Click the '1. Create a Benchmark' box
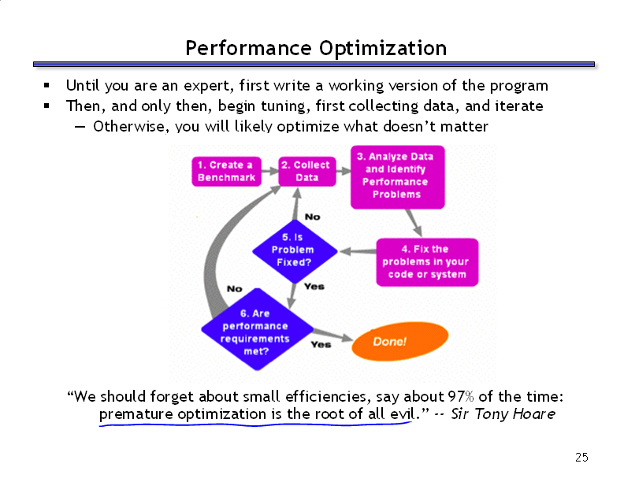coord(226,172)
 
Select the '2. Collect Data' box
coord(306,172)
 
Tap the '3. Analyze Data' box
coord(397,177)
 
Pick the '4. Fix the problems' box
coord(427,262)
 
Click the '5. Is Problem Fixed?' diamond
coord(295,251)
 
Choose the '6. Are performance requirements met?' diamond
coord(257,329)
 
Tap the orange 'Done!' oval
coord(399,341)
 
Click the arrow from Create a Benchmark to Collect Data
coord(269,171)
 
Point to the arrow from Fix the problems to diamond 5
coord(358,251)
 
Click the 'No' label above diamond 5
coord(313,217)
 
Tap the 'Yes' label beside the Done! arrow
coord(321,344)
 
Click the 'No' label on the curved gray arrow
coord(235,289)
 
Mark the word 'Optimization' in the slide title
coord(383,49)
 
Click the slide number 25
coord(581,458)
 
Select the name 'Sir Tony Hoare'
coord(503,414)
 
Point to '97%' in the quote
coord(461,396)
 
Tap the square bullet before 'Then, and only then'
coord(47,106)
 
